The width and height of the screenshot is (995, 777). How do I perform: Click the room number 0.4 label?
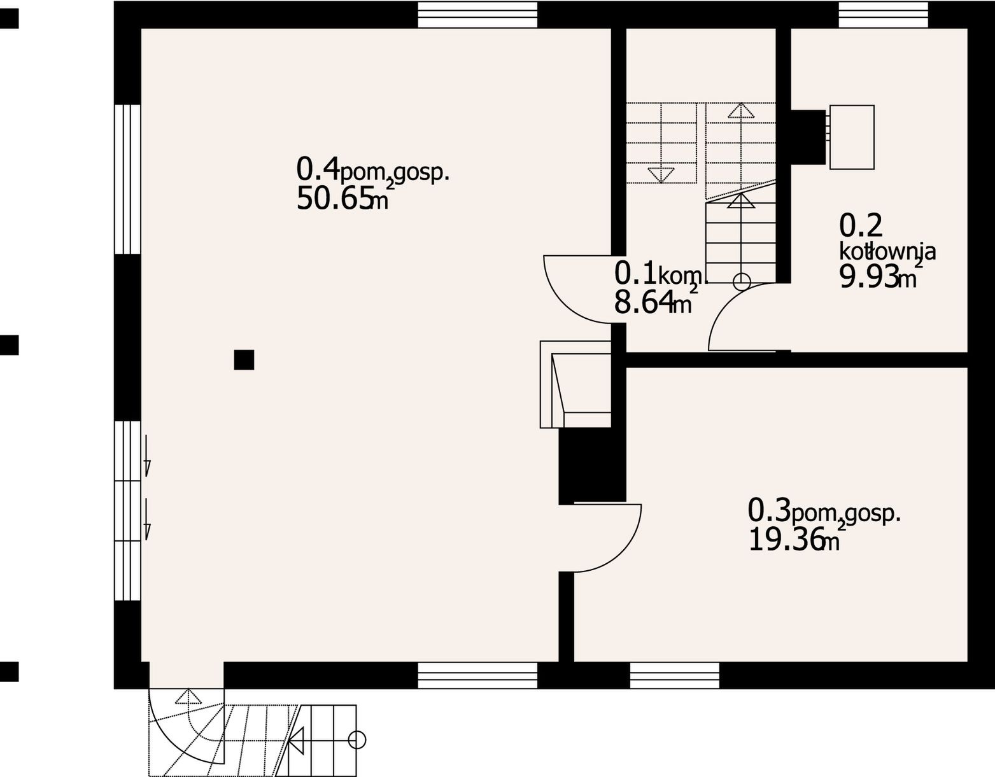318,169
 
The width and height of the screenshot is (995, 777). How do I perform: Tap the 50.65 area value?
334,199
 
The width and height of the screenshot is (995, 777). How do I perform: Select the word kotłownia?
887,251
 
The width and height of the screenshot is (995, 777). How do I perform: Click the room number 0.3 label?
769,510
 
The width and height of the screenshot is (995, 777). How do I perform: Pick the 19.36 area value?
786,540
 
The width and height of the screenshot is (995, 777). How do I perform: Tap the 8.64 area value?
644,302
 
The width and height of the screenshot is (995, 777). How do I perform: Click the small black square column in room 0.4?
244,360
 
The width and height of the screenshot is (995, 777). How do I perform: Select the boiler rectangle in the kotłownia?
852,137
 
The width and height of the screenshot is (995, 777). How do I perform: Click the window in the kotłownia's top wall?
883,15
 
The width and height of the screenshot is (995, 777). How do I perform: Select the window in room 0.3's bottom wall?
675,675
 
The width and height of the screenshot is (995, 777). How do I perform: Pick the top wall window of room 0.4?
477,15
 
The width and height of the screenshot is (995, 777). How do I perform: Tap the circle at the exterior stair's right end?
357,740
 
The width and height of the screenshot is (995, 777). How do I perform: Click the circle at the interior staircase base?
742,282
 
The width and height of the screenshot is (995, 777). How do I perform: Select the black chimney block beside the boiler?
808,137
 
